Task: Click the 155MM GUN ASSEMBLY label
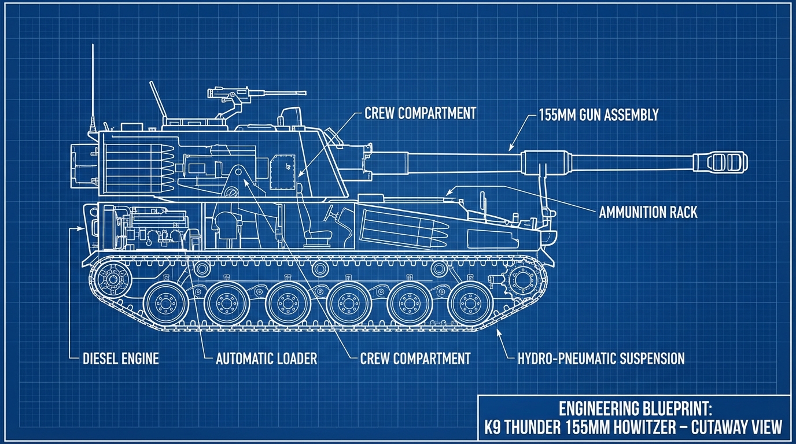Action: [x=599, y=114]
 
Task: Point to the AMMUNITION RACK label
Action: [x=648, y=212]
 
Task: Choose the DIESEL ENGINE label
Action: [x=120, y=358]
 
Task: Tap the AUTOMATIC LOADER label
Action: [x=266, y=358]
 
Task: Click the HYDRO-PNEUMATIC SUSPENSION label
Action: [x=601, y=358]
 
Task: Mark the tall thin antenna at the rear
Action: [x=92, y=87]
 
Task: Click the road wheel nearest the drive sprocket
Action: [x=468, y=302]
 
